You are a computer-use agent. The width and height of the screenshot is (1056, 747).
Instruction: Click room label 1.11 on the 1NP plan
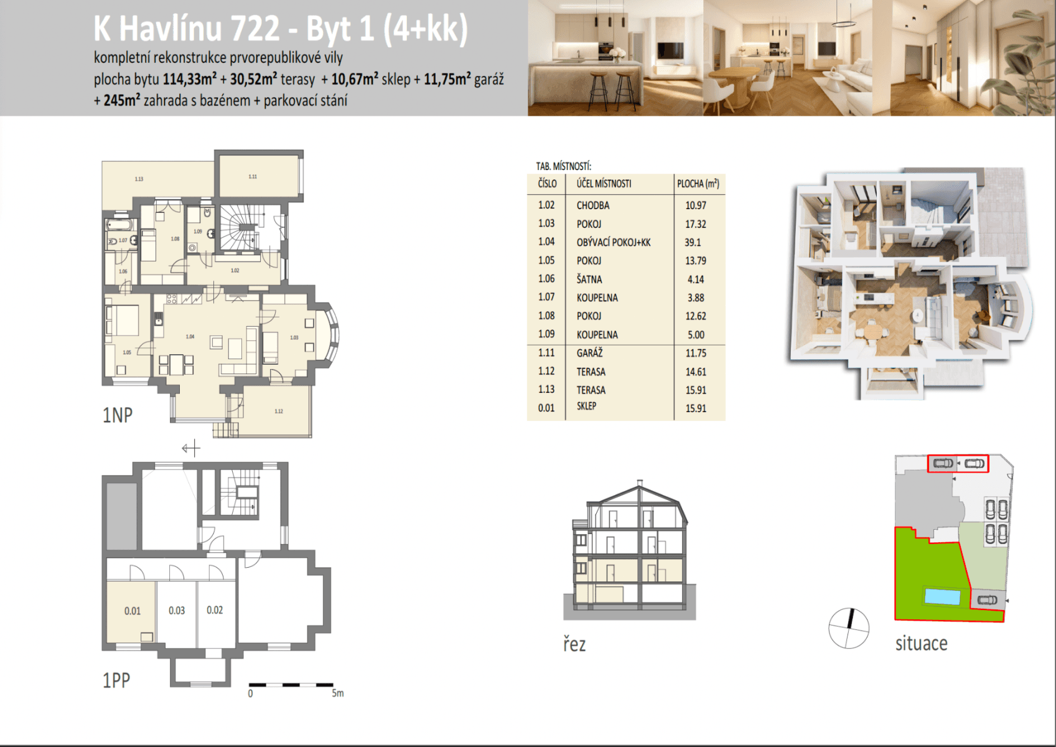253,177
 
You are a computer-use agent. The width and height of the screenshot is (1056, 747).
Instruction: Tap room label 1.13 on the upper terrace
139,179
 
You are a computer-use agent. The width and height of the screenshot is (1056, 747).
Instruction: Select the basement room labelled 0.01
133,611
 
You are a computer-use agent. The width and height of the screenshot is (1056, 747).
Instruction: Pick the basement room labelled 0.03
177,611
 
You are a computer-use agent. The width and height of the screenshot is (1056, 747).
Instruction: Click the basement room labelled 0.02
215,610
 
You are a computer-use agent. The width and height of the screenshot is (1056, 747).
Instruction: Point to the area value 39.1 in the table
693,242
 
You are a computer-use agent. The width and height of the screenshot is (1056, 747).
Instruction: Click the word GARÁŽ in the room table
589,353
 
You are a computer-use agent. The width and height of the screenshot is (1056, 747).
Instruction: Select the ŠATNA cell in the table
589,280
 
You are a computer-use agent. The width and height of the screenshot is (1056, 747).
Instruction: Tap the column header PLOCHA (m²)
698,184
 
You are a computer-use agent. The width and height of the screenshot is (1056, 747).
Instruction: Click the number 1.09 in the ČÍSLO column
546,334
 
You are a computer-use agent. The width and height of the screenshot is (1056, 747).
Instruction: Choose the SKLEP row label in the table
586,406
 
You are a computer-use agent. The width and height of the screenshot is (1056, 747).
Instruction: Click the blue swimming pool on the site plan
942,596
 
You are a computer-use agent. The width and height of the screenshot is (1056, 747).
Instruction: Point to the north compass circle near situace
849,628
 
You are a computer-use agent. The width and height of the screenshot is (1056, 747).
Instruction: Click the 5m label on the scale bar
337,693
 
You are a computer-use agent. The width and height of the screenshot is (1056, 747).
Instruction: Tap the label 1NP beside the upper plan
117,415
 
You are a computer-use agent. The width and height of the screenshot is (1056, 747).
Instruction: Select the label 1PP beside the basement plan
116,680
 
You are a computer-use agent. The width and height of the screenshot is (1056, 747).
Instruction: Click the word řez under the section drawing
574,644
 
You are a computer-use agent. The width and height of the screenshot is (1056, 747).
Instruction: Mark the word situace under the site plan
921,643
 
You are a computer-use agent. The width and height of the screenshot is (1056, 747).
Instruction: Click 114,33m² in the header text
190,79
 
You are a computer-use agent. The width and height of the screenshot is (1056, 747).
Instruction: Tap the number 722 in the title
255,29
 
